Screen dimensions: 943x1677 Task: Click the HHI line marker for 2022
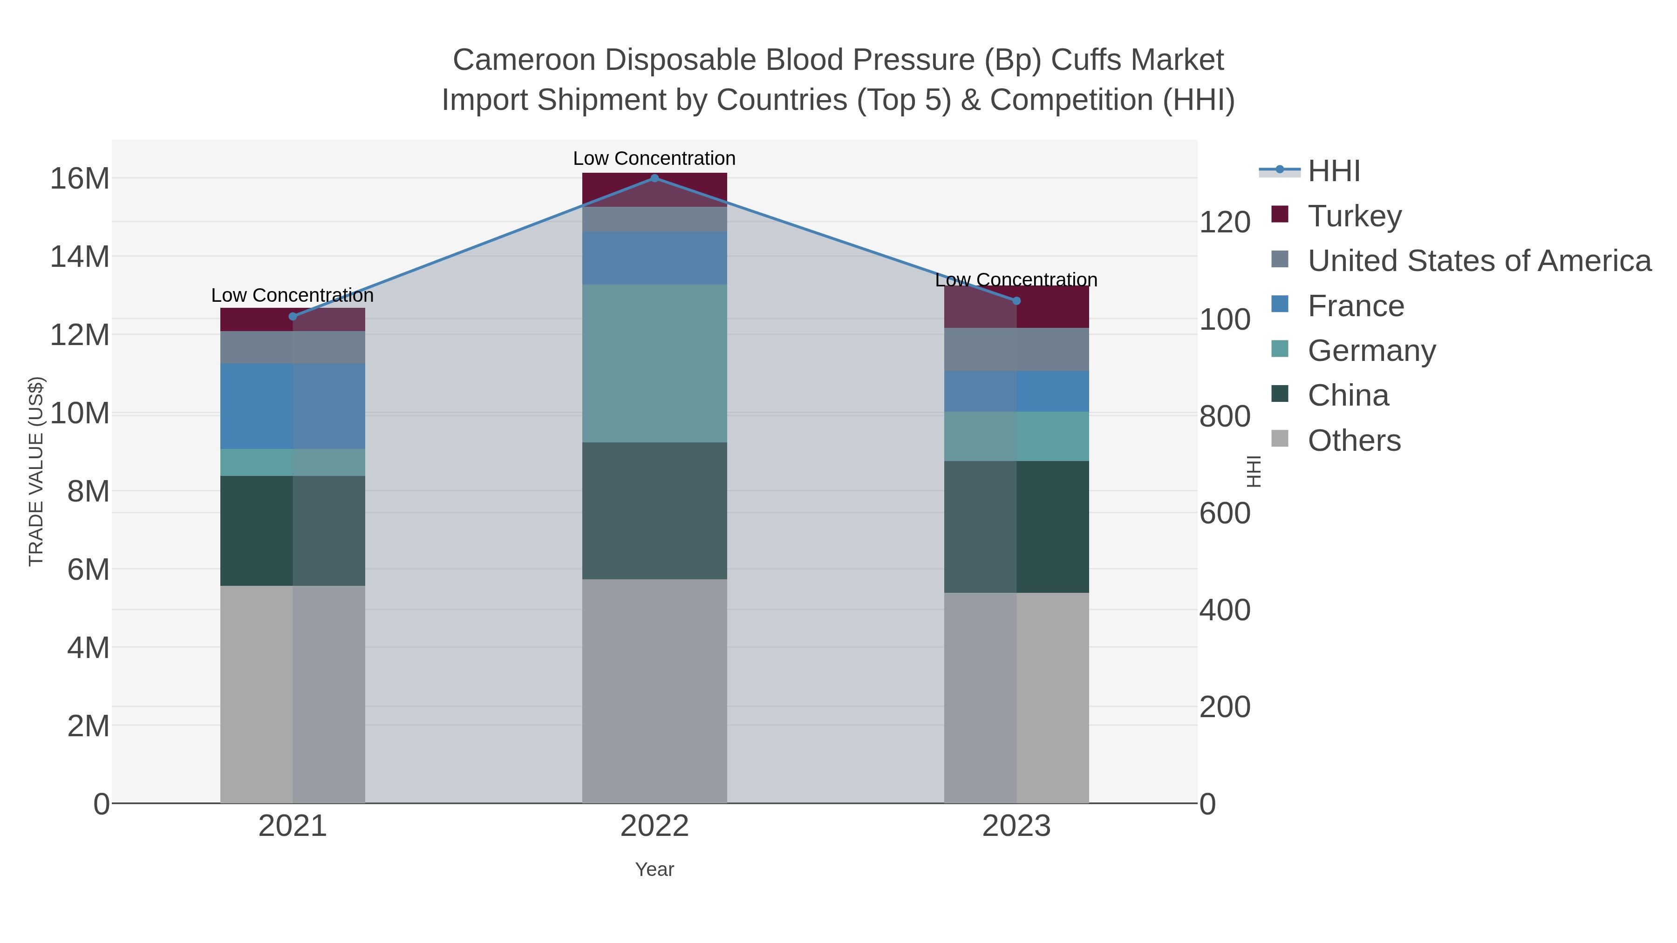[654, 178]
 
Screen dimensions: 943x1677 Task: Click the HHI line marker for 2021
[292, 316]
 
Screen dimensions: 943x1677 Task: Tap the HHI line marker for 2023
[1016, 301]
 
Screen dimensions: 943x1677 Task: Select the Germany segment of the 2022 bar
[654, 363]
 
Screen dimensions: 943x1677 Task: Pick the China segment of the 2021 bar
[292, 530]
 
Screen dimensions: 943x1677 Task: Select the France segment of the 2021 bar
[292, 406]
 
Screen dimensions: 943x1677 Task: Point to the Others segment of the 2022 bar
[654, 691]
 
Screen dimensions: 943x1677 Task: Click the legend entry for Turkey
[1354, 216]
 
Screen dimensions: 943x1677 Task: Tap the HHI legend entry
[1333, 171]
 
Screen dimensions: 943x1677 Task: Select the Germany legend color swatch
[1279, 349]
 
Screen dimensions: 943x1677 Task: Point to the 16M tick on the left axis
[79, 178]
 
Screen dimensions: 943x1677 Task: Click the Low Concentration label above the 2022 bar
[654, 158]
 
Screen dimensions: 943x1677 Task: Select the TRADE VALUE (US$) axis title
[36, 471]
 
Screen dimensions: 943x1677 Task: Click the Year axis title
[654, 869]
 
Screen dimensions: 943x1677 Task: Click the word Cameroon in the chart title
[524, 60]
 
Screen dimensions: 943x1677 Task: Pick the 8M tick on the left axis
[88, 491]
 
